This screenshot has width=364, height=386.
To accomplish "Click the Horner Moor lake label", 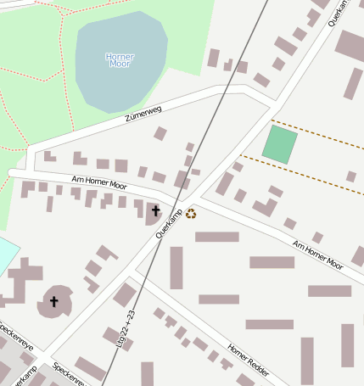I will pos(120,60).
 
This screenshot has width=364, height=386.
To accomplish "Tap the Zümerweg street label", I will pos(142,110).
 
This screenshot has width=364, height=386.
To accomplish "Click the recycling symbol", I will pos(191,214).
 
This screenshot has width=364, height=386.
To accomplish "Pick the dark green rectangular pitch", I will pos(280,144).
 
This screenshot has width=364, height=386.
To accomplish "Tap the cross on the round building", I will pos(54,301).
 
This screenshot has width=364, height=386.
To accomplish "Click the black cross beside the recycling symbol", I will pos(155,210).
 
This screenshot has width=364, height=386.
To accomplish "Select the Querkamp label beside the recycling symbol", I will pos(170,222).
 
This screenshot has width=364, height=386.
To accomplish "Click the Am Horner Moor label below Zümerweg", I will pos(98,182).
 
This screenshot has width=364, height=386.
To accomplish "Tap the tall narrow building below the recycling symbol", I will pos(176,267).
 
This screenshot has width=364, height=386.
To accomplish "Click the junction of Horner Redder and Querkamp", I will pos(136,275).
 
